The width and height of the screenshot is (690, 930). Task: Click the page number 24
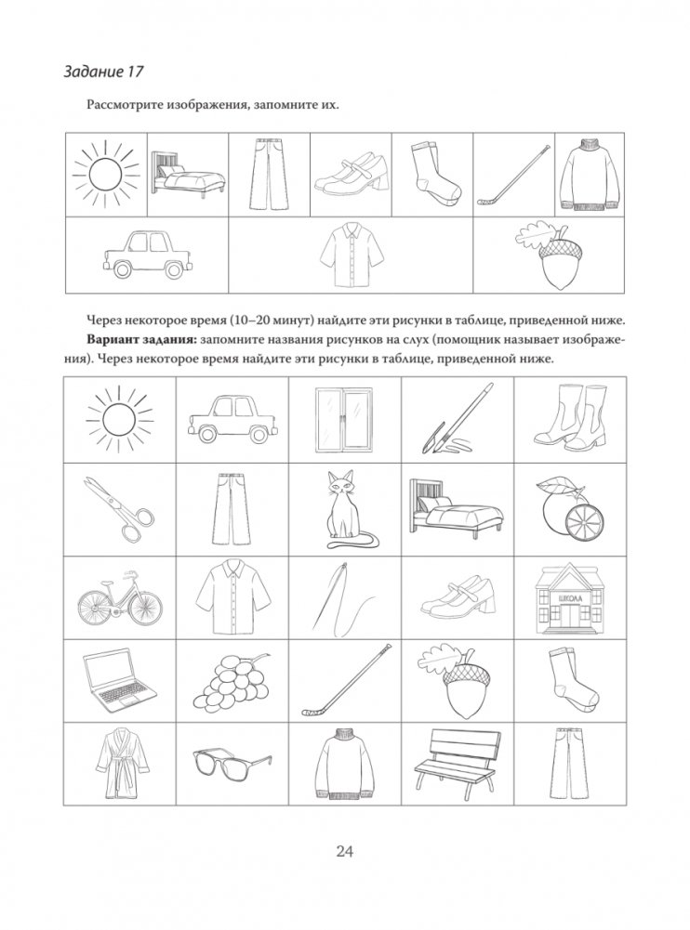tap(345, 850)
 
